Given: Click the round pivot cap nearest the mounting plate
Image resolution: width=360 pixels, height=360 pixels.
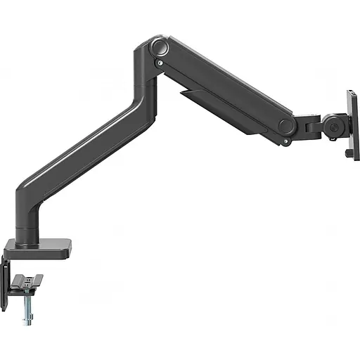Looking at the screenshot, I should point(285,127).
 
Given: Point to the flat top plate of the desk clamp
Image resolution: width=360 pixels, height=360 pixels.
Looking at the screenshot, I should point(39,247).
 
